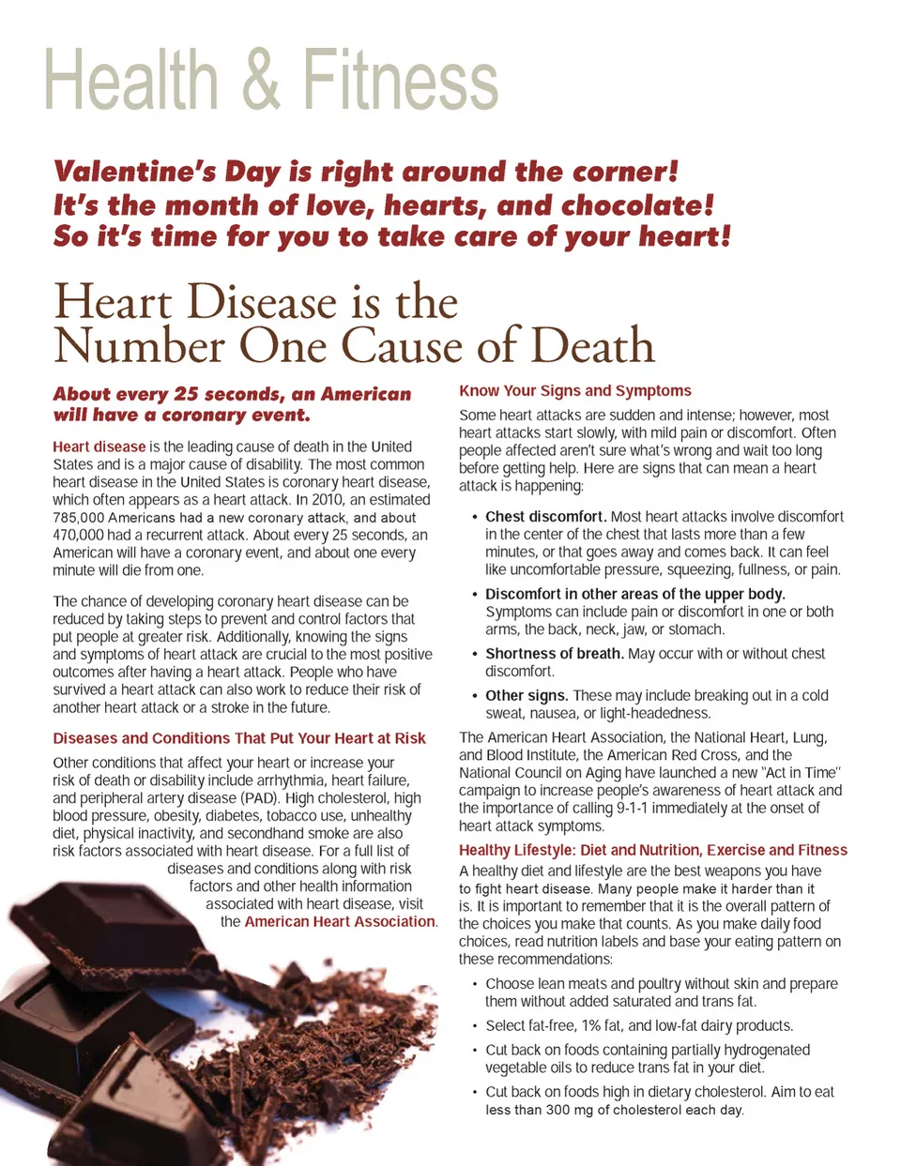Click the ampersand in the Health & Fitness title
point(261,81)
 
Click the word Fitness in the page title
point(400,81)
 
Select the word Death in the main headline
point(592,346)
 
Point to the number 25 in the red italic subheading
point(186,395)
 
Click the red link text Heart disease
point(99,447)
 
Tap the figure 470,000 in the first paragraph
point(78,536)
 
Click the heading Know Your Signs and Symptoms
point(574,391)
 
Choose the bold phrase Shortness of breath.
point(554,654)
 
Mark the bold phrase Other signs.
point(527,696)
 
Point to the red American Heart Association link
point(340,922)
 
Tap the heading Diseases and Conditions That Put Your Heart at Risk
point(239,739)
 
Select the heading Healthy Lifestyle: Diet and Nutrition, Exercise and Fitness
point(652,851)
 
